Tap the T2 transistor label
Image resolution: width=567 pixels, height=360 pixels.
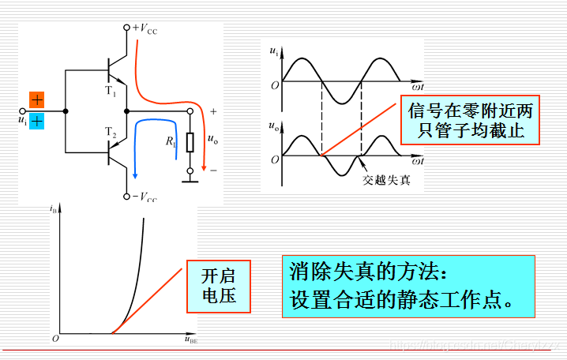coord(110,135)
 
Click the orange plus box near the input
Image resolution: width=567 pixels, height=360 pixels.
coord(37,99)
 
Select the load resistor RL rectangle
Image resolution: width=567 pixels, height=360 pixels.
coord(190,142)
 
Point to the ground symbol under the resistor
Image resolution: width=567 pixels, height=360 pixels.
coord(190,180)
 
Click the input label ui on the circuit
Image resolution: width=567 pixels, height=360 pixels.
coord(21,120)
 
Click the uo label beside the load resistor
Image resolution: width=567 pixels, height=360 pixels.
coord(212,139)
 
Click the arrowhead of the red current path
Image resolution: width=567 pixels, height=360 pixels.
coord(205,168)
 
